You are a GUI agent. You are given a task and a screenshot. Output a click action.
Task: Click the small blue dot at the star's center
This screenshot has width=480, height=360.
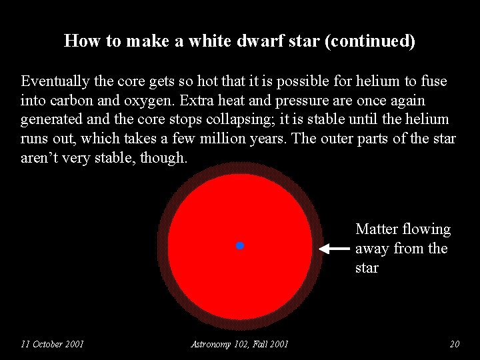240,246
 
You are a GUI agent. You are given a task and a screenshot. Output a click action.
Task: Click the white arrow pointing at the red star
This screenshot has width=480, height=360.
333,249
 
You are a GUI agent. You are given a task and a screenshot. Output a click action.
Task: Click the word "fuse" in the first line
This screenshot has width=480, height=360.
433,81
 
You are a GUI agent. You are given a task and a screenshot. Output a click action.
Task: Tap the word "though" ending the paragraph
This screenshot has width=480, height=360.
163,159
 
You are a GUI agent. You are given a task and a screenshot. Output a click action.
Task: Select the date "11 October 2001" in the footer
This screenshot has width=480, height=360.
52,344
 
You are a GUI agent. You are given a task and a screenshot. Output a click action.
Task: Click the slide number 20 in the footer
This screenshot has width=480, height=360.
455,344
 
